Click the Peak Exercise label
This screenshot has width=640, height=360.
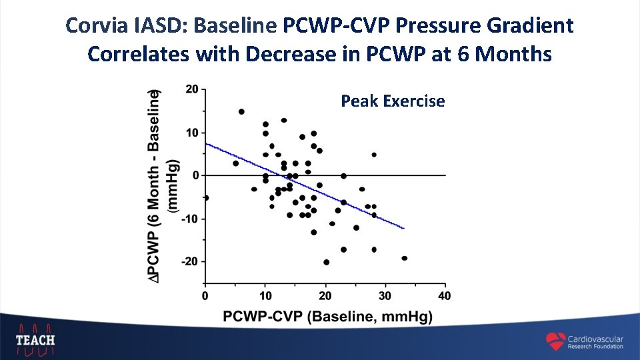click(393, 101)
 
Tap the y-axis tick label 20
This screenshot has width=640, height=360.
click(191, 89)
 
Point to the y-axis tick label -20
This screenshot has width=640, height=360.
click(189, 262)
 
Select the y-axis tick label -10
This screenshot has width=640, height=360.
click(189, 219)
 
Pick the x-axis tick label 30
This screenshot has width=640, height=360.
click(385, 296)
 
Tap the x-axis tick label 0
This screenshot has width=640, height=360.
click(205, 296)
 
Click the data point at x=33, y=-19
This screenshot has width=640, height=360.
click(404, 258)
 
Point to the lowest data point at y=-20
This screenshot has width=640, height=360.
click(326, 262)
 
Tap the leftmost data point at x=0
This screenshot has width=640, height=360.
click(205, 197)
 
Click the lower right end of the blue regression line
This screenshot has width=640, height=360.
click(403, 229)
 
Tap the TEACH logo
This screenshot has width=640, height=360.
click(36, 339)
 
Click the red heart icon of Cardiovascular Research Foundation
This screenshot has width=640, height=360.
click(555, 341)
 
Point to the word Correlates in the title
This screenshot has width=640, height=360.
click(139, 53)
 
